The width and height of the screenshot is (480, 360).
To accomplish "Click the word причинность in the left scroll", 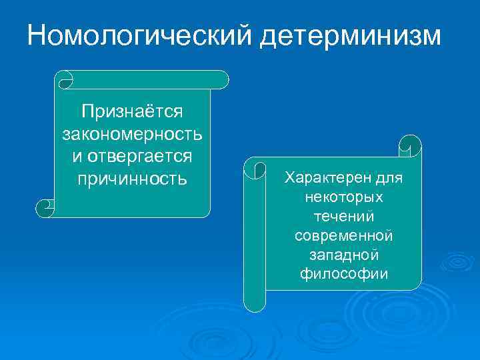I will (x=132, y=179).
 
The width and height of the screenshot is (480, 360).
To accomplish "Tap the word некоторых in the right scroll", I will (x=344, y=197).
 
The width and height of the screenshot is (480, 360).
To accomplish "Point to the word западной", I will (x=344, y=255).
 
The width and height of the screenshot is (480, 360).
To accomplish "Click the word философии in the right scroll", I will (x=344, y=273).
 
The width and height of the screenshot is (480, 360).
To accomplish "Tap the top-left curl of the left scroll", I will (x=65, y=80).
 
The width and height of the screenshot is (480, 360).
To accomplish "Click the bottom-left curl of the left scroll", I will (x=45, y=208).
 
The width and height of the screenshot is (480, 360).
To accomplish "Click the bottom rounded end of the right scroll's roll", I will (x=254, y=303).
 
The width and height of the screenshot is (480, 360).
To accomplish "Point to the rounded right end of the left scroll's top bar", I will (x=223, y=80).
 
